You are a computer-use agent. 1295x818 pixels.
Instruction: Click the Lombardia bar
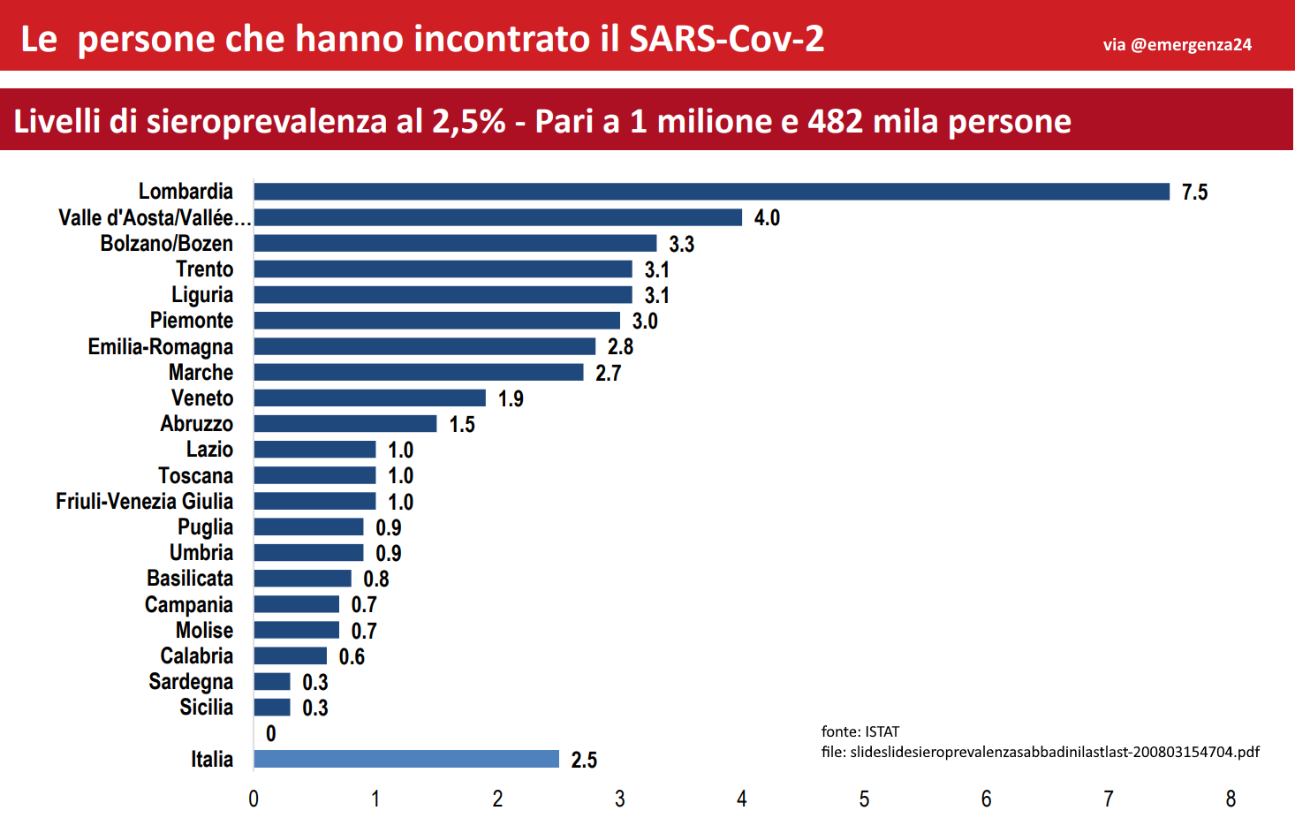point(712,192)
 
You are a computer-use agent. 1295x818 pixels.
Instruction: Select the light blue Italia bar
point(406,759)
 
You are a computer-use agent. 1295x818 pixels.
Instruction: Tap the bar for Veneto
point(370,398)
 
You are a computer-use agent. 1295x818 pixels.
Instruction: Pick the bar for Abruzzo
point(345,424)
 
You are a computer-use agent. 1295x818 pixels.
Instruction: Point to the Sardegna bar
point(272,682)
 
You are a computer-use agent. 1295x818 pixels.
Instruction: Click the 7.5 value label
point(1194,192)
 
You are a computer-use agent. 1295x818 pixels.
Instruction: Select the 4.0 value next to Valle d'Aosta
point(767,218)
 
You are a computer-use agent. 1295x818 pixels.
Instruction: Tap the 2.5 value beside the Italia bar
point(584,760)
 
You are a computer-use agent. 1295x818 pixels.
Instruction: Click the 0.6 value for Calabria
point(352,656)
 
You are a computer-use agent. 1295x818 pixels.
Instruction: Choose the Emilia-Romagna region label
point(161,347)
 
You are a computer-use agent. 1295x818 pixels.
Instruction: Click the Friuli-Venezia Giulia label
point(145,501)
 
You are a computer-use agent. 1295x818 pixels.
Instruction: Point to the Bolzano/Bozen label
point(166,244)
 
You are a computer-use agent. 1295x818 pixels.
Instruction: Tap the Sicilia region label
point(207,707)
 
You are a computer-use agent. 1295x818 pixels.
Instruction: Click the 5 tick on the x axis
point(864,799)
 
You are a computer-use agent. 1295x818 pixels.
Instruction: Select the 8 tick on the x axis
point(1231,799)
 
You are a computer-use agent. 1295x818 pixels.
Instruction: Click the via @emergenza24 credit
point(1177,45)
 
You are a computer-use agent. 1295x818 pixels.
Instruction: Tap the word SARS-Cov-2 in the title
point(726,40)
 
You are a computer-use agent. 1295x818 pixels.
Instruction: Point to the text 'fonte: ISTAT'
point(860,731)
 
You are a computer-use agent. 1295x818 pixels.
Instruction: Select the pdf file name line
point(1041,752)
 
